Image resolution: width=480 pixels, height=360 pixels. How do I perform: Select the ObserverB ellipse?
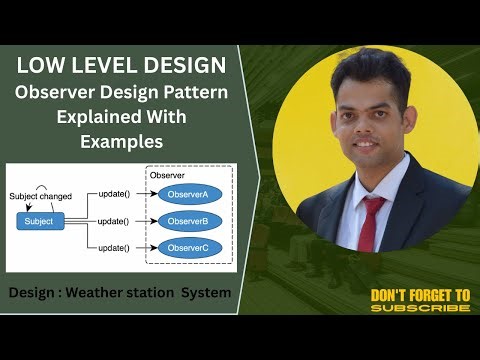[187, 220]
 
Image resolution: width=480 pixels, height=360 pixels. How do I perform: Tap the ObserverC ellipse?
[187, 246]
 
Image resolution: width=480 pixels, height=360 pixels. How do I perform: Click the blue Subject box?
[39, 220]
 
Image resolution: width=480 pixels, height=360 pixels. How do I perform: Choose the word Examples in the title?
[122, 143]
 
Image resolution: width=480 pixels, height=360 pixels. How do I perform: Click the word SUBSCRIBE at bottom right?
[420, 308]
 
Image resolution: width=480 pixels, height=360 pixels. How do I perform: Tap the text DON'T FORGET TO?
[420, 295]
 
